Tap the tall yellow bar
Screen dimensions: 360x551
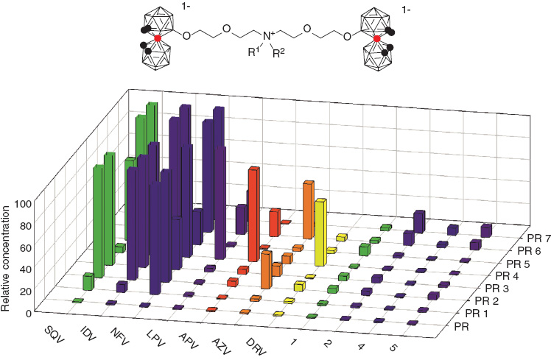[x=320, y=232]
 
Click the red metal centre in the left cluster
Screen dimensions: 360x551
[x=157, y=38]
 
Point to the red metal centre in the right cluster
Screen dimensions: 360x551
[x=377, y=38]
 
